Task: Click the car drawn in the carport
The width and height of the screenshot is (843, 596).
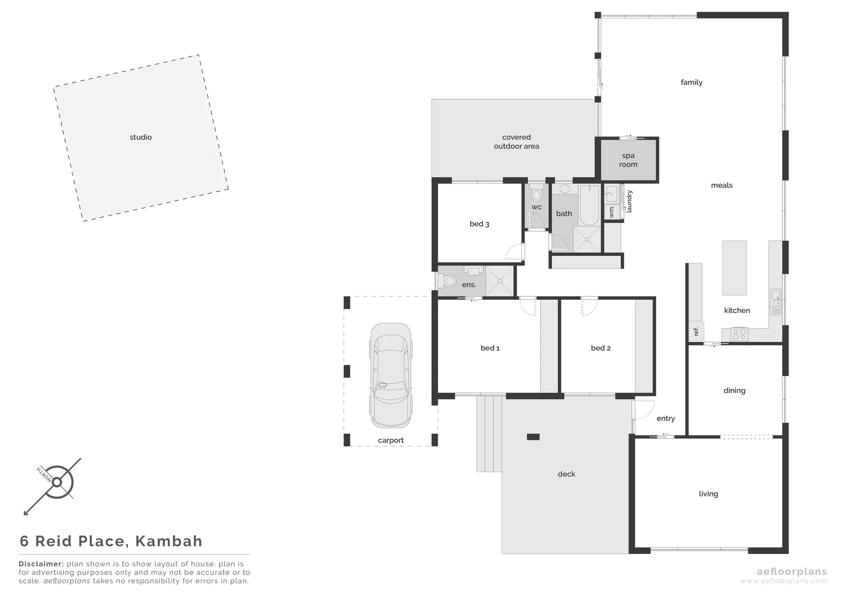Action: (391, 375)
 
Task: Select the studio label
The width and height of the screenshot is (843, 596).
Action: (141, 137)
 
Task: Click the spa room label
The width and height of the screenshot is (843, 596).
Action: (628, 160)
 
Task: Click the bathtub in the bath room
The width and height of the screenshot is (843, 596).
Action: (589, 205)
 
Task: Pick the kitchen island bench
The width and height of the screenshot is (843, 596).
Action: (734, 268)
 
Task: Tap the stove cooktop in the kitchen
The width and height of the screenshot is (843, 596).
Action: (739, 334)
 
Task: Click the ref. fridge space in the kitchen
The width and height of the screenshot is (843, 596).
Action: (696, 331)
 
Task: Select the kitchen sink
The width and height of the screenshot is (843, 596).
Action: (776, 299)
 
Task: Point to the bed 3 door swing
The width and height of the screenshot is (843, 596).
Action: (514, 253)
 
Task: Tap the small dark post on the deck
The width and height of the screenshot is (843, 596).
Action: (533, 437)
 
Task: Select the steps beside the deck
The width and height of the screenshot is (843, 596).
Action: (489, 434)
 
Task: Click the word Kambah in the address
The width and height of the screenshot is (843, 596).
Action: (169, 541)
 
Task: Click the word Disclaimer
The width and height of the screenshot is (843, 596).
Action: (41, 564)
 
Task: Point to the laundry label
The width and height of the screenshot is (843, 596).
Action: (629, 201)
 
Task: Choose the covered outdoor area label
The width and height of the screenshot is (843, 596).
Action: (516, 142)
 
